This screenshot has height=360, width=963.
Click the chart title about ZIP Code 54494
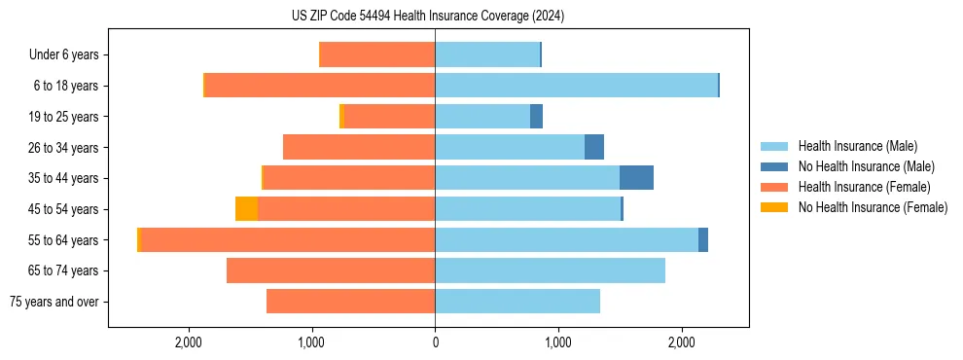[428, 17]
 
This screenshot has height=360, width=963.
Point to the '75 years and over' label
[53, 302]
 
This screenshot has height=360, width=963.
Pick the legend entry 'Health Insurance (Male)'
[857, 146]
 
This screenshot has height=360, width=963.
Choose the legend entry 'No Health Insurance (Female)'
[873, 207]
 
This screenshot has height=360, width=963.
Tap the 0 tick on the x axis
[435, 342]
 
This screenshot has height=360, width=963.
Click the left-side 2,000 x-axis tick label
[188, 342]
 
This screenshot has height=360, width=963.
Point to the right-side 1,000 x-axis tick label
[558, 342]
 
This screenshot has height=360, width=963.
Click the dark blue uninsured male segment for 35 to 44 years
[636, 178]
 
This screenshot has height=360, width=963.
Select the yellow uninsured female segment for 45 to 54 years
[246, 209]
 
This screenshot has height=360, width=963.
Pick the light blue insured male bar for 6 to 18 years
[576, 86]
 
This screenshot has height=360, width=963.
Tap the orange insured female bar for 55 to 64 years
[287, 239]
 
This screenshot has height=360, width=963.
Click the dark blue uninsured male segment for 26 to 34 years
[594, 147]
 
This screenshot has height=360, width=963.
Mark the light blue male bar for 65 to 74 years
[550, 270]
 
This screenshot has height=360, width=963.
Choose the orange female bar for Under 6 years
[377, 54]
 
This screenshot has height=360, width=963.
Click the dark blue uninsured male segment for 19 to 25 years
[536, 117]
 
